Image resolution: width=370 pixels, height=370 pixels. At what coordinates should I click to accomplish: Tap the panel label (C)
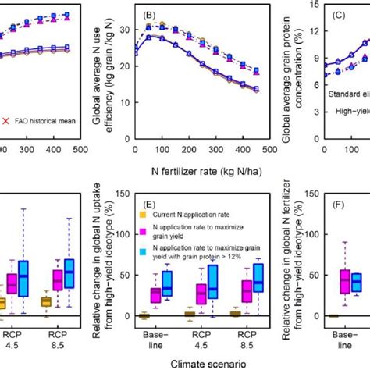click(x=344, y=14)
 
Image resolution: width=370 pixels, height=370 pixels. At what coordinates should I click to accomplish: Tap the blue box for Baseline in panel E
click(x=166, y=283)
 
